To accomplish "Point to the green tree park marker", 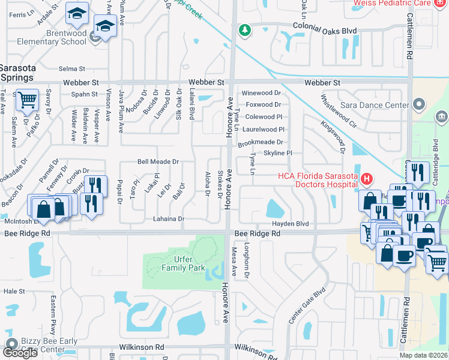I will tap(244, 30).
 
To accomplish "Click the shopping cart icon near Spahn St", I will tap(26, 100).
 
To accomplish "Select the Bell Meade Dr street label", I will tap(158, 162).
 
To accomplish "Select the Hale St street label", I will tap(14, 291).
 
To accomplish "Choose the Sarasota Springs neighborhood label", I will tap(17, 72).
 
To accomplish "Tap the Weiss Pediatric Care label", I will tap(400, 4).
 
